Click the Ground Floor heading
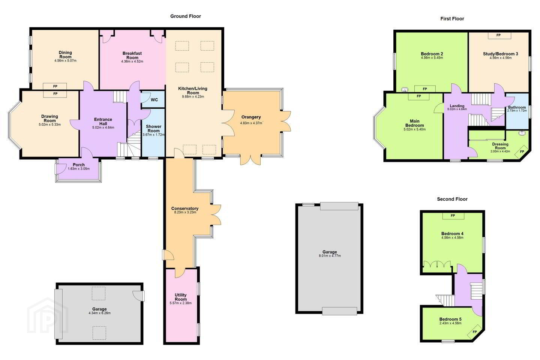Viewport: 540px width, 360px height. (186, 16)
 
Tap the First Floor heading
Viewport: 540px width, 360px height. (452, 19)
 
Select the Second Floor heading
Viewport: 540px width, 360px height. (452, 199)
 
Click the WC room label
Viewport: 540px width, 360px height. (154, 100)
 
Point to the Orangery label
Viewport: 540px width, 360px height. (251, 117)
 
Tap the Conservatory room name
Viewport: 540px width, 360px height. (185, 208)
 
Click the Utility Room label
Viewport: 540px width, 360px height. (181, 297)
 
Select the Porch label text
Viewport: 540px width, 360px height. (79, 165)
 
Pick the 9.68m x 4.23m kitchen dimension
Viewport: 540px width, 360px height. (193, 97)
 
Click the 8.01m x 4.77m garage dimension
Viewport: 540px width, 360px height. (330, 256)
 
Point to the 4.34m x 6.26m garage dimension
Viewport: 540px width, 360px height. (99, 313)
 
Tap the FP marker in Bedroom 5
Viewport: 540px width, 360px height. (475, 332)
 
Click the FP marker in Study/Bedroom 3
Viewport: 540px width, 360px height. (498, 35)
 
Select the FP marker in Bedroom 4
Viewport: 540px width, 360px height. (453, 216)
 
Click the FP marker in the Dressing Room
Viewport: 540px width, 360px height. (522, 151)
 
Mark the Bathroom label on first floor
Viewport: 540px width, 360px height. (517, 107)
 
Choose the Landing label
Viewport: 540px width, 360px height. (457, 106)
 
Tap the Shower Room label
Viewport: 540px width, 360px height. (154, 129)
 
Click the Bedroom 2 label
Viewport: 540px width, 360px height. (432, 54)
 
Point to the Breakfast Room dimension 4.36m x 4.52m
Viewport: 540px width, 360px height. (132, 61)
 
